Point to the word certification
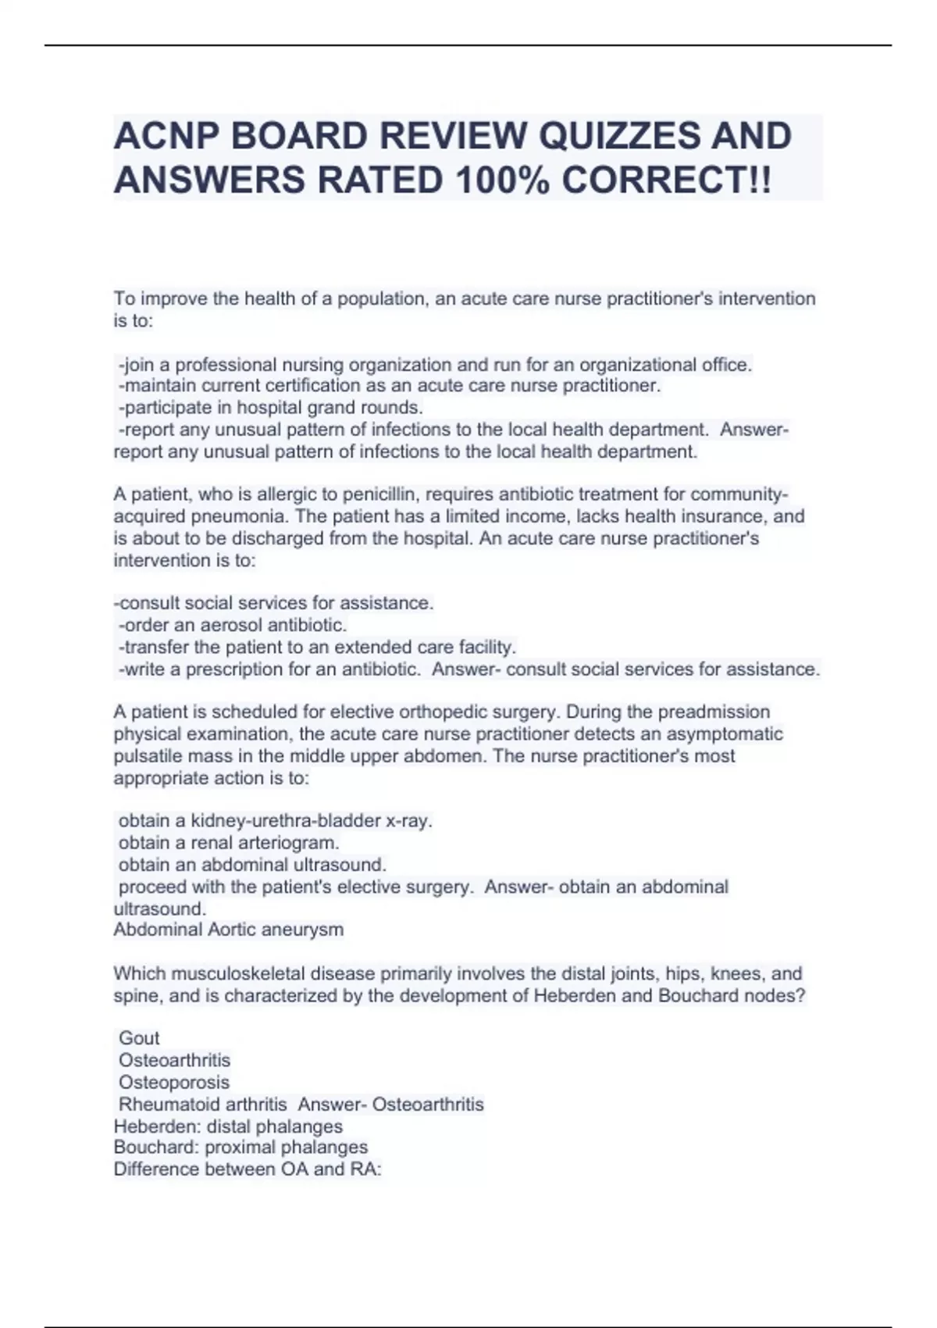pos(311,386)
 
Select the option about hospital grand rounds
pos(270,408)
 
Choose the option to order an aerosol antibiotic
pos(233,625)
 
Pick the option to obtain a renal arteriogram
pos(229,843)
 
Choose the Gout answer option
pos(139,1038)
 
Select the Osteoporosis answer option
pos(174,1083)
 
